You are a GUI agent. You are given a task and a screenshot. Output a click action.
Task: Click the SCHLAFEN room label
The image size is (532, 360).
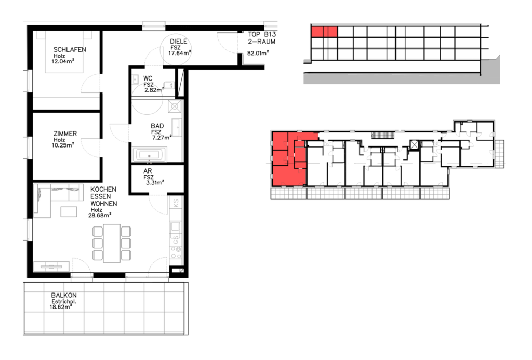pos(70,49)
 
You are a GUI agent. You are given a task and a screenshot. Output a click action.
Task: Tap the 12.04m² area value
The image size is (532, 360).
pos(63,61)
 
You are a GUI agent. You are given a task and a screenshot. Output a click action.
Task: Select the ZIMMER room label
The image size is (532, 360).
pos(65,134)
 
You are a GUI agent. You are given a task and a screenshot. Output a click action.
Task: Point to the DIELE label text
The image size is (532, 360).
pos(179,42)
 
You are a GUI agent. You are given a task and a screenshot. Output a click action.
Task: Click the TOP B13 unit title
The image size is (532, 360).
pos(262,34)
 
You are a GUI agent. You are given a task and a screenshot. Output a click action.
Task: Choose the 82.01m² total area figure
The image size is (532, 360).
pos(258,53)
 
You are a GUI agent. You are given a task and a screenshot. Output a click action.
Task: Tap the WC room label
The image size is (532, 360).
pos(148,78)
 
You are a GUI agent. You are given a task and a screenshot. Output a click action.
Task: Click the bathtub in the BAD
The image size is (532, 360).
pos(149,155)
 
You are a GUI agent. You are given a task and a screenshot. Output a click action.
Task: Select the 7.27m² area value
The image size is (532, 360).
pos(162,138)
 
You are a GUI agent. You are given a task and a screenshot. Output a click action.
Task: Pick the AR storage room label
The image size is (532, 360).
pos(148,171)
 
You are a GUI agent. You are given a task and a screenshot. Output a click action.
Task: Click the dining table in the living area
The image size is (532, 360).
pos(112,243)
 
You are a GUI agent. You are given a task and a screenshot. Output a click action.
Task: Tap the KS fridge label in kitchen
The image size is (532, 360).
pos(176,204)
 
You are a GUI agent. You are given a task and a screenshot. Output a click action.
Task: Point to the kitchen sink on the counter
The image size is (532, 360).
pos(176,226)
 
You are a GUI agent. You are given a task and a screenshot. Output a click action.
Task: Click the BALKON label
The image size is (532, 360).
pos(64,295)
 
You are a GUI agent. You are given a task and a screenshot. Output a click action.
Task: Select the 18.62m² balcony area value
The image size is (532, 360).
pos(61,307)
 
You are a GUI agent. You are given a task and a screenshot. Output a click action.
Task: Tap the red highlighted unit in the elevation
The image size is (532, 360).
pos(324,32)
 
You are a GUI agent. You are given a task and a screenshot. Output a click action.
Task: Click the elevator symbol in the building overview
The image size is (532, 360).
pos(414,144)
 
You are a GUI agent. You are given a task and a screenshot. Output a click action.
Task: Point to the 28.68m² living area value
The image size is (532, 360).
pos(100,215)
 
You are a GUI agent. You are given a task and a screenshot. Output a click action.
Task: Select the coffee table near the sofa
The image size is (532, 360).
pos(69,212)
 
